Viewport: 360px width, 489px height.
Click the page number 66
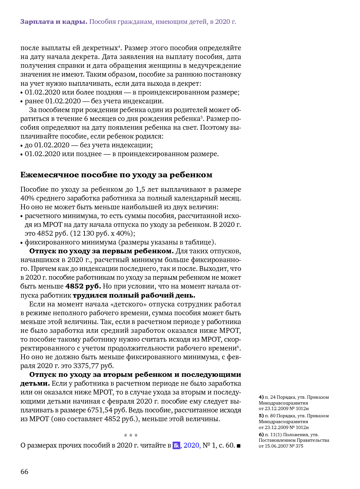(x=24, y=472)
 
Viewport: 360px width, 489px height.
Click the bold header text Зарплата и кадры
(x=53, y=22)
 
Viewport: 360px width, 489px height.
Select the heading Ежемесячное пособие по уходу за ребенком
(x=116, y=175)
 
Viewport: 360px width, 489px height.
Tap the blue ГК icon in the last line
(x=176, y=445)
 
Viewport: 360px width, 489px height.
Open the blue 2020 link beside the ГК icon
(x=192, y=445)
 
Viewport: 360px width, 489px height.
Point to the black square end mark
(x=238, y=446)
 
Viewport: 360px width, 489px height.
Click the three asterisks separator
(x=131, y=436)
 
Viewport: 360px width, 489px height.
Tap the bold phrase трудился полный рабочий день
(x=134, y=295)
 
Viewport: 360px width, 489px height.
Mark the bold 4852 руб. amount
(x=83, y=286)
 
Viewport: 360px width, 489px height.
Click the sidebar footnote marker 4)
(x=261, y=397)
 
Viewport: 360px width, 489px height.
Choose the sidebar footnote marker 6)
(x=261, y=435)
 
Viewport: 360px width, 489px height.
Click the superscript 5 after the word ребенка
(x=202, y=117)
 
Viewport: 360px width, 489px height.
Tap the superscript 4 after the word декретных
(x=119, y=46)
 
